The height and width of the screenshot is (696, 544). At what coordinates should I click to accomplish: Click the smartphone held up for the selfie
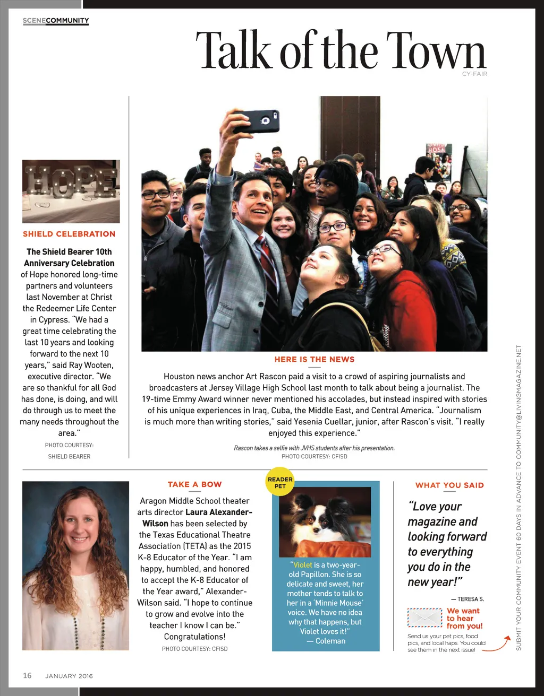256,121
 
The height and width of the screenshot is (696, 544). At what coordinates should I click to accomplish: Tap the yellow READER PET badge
280,482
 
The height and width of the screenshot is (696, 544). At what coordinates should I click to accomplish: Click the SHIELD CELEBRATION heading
69,234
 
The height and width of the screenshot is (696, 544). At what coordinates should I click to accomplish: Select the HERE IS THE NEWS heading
314,359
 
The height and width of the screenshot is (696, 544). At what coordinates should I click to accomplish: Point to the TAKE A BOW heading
195,484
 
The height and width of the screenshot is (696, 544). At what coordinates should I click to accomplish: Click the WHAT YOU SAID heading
449,485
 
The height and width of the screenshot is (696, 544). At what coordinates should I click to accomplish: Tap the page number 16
27,675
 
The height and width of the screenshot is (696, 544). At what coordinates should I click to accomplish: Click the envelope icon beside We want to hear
424,618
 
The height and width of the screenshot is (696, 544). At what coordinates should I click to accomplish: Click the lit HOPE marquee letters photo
71,191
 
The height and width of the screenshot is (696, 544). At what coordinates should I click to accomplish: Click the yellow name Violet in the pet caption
302,565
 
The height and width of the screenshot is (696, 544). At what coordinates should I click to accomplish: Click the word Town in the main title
436,51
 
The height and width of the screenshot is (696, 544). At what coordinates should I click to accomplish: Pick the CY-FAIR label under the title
474,74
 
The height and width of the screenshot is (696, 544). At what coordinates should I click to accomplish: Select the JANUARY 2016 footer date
69,676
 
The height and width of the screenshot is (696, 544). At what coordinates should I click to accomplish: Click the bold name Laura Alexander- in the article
219,512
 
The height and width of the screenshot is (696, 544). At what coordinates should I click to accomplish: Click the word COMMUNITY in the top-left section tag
67,21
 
